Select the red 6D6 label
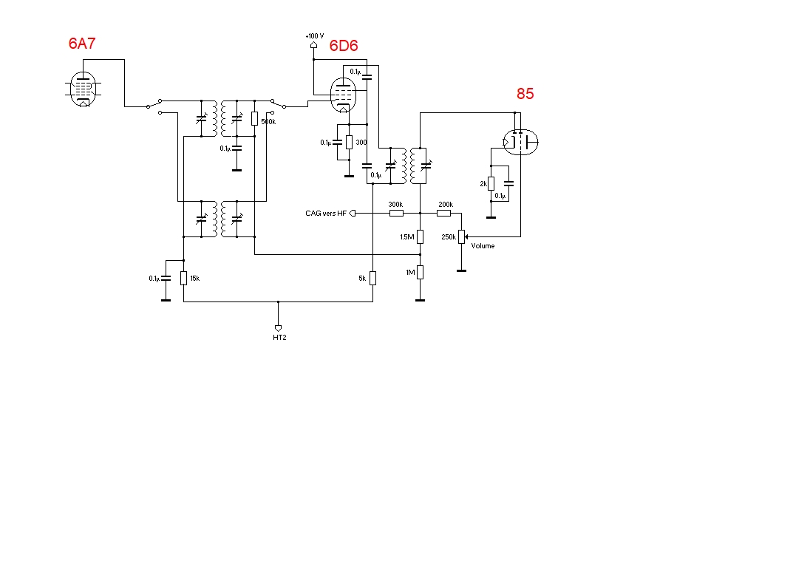pos(344,46)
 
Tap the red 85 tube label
pos(525,94)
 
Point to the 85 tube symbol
pos(520,141)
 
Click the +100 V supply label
pos(314,35)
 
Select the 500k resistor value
pos(268,122)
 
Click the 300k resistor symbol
pos(396,213)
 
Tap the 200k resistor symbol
pos(443,213)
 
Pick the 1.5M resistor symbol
pos(420,236)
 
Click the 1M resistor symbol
pos(420,272)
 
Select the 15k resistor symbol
pos(183,278)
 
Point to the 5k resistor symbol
pos(372,278)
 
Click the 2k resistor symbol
pos(491,183)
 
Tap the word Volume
pos(483,246)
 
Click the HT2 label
pos(278,338)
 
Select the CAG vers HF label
pos(326,214)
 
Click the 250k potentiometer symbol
pos(462,236)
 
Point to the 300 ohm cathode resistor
pos(349,142)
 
